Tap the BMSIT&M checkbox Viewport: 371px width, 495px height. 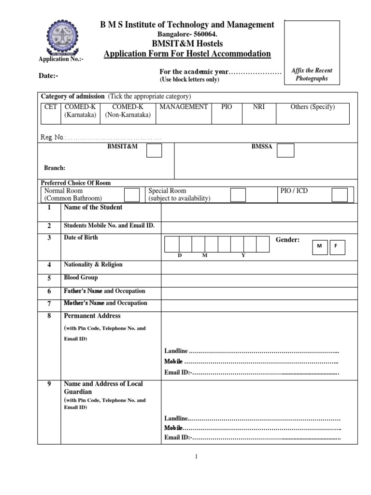pyautogui.click(x=154, y=151)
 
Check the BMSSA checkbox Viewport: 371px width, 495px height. pyautogui.click(x=285, y=151)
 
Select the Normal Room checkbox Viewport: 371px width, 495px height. pyautogui.click(x=132, y=195)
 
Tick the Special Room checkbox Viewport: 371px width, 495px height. pyautogui.click(x=238, y=195)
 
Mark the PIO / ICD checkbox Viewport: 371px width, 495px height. pyautogui.click(x=339, y=195)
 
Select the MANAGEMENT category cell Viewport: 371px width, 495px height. pyautogui.click(x=184, y=107)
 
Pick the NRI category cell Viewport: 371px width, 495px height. pyautogui.click(x=259, y=107)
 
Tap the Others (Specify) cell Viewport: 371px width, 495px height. pyautogui.click(x=312, y=107)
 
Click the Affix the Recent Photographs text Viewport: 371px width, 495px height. pyautogui.click(x=312, y=74)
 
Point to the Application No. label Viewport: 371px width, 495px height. pyautogui.click(x=61, y=59)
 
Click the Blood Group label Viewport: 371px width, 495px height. pyautogui.click(x=81, y=278)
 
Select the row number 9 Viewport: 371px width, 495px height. pyautogui.click(x=49, y=384)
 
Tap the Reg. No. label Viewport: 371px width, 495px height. pyautogui.click(x=53, y=137)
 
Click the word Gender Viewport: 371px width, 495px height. pyautogui.click(x=287, y=240)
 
